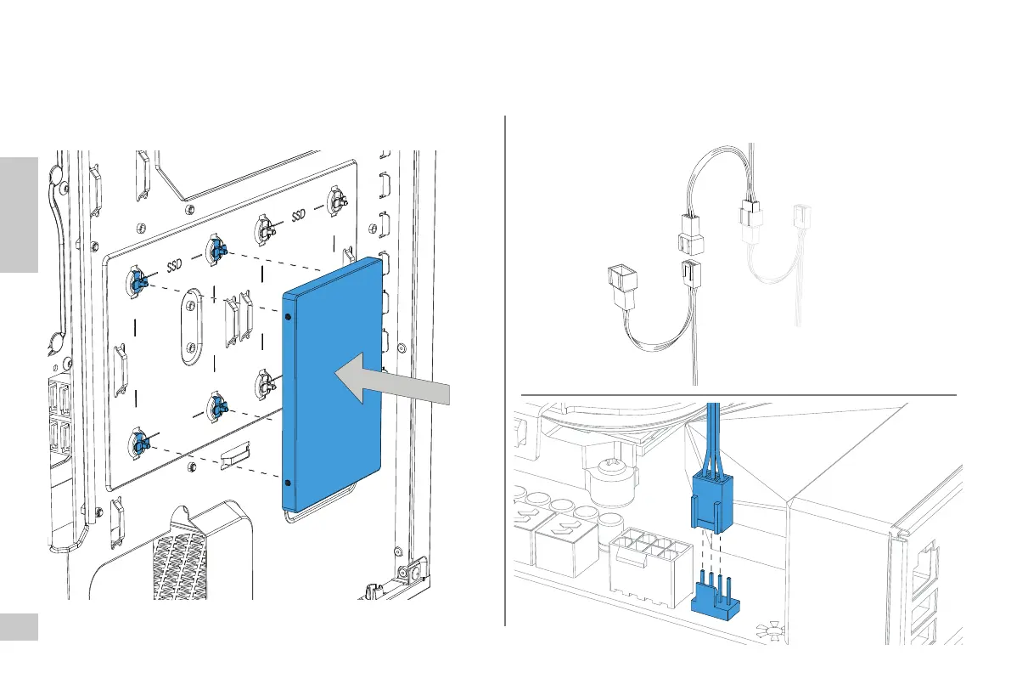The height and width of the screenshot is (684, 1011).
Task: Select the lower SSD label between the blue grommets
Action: [x=175, y=266]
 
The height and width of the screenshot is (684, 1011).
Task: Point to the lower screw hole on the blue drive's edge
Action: [x=290, y=483]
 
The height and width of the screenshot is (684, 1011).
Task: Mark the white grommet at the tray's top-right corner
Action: [x=337, y=201]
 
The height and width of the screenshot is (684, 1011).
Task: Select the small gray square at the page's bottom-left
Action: [x=19, y=627]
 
